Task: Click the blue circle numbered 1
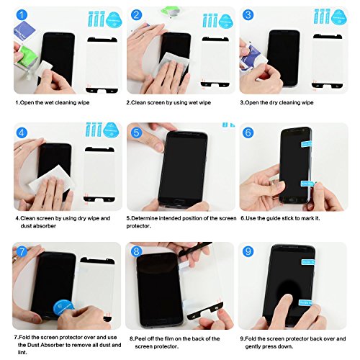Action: click(22, 15)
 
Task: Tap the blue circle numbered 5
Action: click(136, 132)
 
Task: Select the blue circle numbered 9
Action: click(248, 251)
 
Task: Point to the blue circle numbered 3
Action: click(248, 15)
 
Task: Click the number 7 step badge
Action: click(22, 251)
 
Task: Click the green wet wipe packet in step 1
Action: click(26, 56)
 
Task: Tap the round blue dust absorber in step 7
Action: click(63, 308)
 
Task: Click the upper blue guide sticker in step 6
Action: click(306, 143)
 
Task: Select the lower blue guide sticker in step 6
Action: click(307, 184)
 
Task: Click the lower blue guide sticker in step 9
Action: click(305, 302)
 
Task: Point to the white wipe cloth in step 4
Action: click(52, 178)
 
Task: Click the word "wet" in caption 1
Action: click(49, 103)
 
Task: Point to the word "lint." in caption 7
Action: click(22, 353)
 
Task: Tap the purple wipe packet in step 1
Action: click(24, 31)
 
